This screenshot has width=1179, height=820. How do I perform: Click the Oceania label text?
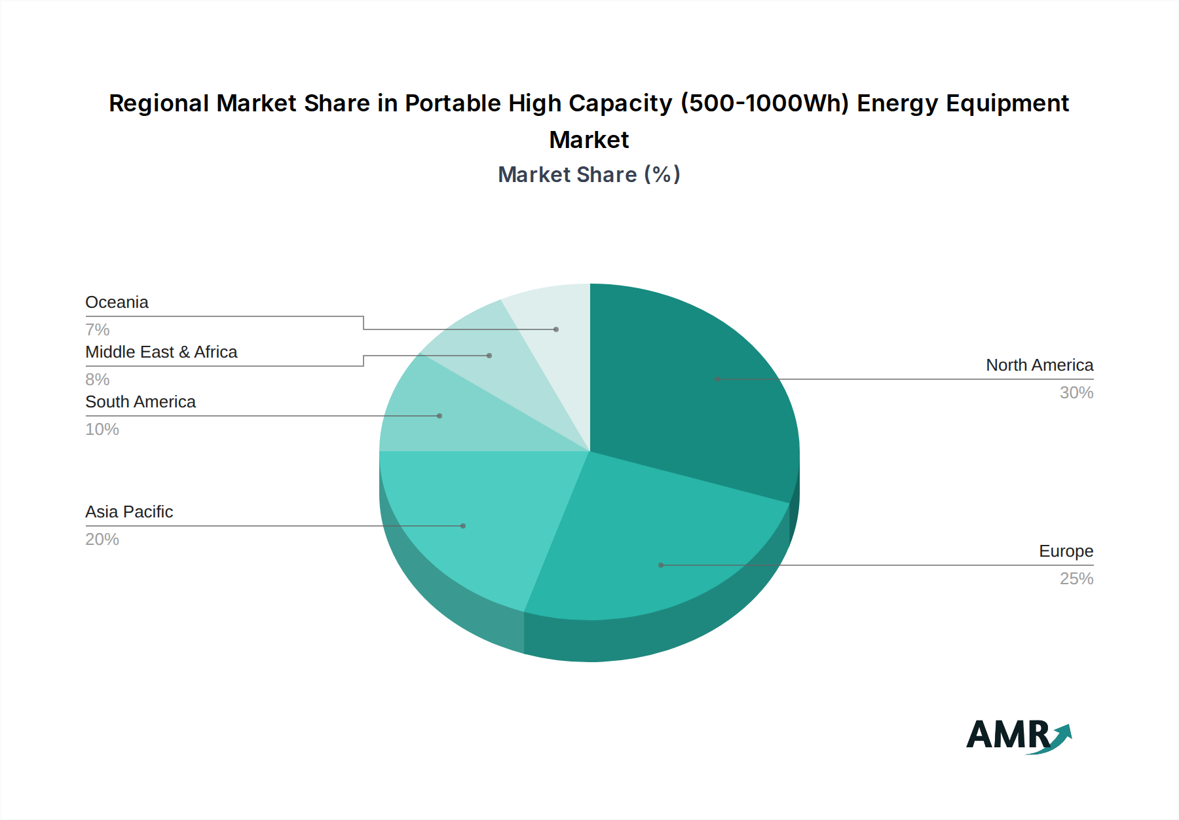117,303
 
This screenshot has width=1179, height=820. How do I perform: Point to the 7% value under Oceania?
97,329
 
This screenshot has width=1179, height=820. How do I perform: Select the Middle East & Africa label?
161,352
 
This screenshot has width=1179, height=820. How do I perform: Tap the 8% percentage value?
97,379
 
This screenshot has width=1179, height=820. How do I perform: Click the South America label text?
140,402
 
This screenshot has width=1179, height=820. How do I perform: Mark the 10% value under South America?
102,429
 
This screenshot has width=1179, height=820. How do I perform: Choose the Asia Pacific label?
129,512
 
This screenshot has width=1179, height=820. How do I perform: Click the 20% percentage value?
102,539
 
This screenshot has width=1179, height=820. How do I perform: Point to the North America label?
1039,365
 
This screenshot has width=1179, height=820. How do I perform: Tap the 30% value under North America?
1076,392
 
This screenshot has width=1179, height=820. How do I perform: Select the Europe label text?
1066,551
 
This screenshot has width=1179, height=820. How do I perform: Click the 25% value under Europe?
1076,578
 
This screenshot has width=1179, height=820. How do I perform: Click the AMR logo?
1018,736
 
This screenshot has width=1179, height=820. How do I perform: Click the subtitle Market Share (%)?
589,175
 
